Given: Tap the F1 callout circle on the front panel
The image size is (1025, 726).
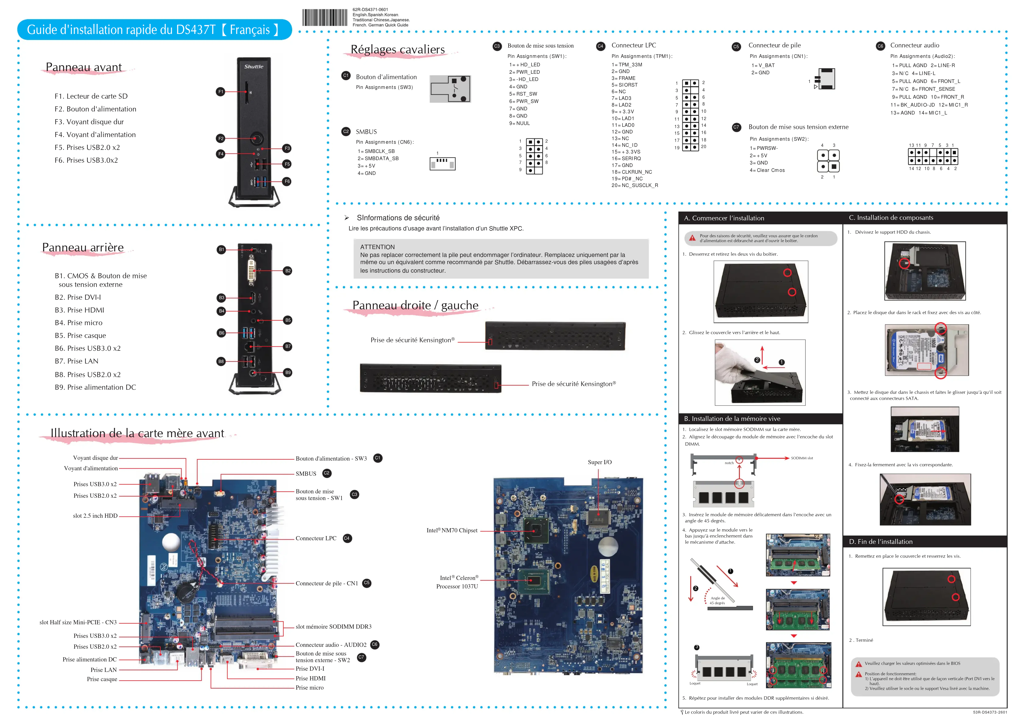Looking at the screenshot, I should point(220,92).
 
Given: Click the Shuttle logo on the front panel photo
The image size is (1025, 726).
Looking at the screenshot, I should point(254,67).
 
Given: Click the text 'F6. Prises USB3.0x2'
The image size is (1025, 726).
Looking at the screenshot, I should point(86,160).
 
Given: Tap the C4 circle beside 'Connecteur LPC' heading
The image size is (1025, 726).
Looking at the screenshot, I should point(600,46).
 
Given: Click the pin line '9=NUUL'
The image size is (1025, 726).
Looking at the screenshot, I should point(519,123).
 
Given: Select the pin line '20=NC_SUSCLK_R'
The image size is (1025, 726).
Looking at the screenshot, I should point(635,186).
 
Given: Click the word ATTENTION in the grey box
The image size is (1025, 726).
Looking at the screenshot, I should point(377,247).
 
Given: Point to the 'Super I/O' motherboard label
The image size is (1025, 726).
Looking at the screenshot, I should point(599,462).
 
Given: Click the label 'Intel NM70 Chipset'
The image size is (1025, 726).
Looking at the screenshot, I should point(452,531).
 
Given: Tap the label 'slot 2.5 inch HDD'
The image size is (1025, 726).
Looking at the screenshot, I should point(95,516).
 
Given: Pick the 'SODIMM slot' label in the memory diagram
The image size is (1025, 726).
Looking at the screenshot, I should point(802,458).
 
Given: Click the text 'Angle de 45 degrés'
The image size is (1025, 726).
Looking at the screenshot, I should point(717,600).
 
